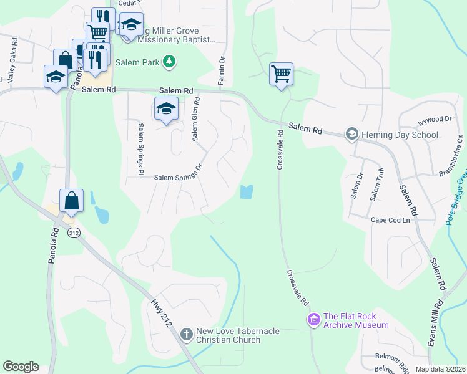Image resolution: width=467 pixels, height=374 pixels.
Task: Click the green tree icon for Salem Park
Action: [x=168, y=62]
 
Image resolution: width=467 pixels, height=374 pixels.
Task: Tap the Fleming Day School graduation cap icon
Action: [x=351, y=134]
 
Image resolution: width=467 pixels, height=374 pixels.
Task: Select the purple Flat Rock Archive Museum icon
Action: [x=313, y=320]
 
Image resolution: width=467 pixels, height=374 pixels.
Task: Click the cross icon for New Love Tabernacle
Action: [x=186, y=335]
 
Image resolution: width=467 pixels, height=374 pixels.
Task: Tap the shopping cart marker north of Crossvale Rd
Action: [x=281, y=74]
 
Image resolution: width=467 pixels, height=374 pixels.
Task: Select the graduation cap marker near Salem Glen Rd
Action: [x=166, y=108]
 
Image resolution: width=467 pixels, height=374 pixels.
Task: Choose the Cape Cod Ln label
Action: [x=390, y=220]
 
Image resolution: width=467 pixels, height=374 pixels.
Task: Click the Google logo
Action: [x=21, y=367]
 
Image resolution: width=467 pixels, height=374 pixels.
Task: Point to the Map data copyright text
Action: [x=441, y=369]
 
